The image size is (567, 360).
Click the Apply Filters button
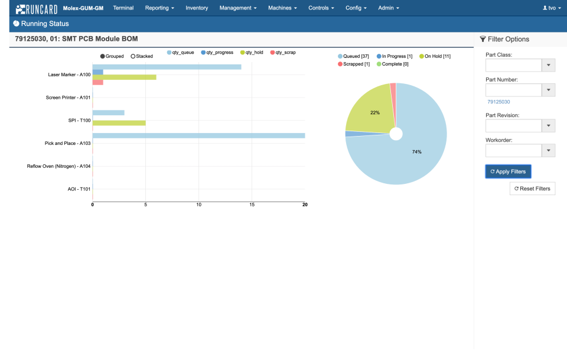(x=508, y=171)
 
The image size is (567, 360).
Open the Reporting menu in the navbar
(x=159, y=8)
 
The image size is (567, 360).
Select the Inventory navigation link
(x=197, y=8)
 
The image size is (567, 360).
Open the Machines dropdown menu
(x=282, y=8)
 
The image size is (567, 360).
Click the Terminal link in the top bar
(x=123, y=8)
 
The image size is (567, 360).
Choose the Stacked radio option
(x=141, y=56)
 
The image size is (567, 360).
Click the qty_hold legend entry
(x=252, y=53)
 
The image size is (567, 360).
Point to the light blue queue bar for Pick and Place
(x=198, y=135)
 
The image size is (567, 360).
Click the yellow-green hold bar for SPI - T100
(x=119, y=123)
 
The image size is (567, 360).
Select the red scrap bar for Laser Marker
(x=97, y=83)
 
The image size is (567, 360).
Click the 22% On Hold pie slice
(x=369, y=112)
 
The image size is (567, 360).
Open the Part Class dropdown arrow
(x=549, y=65)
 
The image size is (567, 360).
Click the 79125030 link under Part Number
(x=498, y=102)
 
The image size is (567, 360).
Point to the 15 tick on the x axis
(x=252, y=205)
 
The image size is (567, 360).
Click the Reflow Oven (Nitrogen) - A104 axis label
(x=58, y=166)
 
